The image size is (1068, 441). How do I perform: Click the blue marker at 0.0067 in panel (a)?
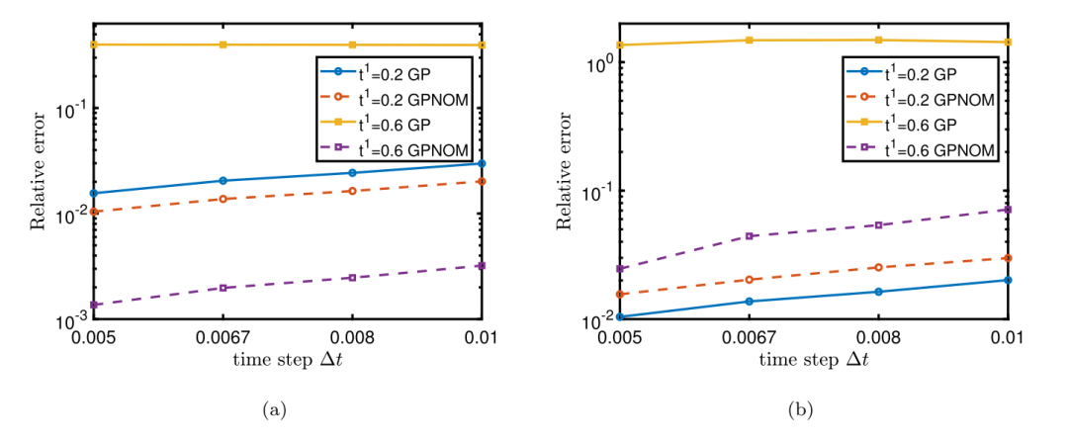click(223, 180)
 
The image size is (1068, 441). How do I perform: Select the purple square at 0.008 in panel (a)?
click(353, 278)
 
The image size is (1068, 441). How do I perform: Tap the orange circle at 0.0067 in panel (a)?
click(223, 199)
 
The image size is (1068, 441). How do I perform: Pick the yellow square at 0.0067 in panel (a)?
click(223, 44)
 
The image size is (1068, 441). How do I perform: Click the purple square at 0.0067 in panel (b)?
click(750, 235)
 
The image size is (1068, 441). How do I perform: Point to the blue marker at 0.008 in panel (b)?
click(878, 292)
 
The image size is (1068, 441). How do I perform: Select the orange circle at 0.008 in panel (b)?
click(878, 267)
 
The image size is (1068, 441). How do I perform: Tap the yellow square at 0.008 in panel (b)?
click(878, 40)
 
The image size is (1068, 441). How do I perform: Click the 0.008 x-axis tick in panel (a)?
click(353, 336)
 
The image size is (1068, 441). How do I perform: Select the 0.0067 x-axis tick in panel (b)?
click(750, 336)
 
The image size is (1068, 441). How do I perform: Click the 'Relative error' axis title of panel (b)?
click(566, 179)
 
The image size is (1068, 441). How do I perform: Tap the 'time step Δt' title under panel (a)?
click(288, 358)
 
